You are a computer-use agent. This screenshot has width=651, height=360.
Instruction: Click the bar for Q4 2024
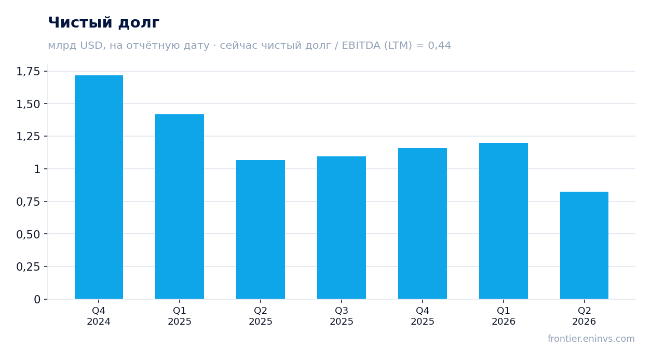(x=99, y=187)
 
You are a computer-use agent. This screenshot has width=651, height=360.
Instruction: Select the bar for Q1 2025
(x=180, y=206)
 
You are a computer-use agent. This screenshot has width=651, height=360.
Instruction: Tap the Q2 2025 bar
(x=261, y=230)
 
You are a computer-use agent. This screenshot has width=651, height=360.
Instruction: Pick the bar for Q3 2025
(x=342, y=228)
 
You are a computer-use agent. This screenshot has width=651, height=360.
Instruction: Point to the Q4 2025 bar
(x=423, y=223)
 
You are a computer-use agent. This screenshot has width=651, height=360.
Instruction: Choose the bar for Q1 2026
(x=504, y=221)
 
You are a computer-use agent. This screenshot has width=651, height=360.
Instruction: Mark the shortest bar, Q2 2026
(x=584, y=245)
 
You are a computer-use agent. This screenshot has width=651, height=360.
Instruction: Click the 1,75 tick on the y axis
(x=28, y=71)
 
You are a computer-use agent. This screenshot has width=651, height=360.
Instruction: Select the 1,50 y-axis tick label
(x=28, y=104)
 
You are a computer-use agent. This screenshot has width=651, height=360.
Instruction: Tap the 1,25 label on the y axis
(x=28, y=137)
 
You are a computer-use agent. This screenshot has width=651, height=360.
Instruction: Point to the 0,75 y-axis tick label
(x=28, y=202)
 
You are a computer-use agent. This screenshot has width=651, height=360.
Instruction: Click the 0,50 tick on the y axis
(x=28, y=234)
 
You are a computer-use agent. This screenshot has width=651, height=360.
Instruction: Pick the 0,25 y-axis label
(x=28, y=266)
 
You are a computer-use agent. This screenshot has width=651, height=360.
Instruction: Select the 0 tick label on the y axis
(x=37, y=299)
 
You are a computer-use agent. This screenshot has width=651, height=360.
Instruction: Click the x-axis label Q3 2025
(x=342, y=316)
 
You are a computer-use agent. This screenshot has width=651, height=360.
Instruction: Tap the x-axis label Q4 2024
(x=99, y=316)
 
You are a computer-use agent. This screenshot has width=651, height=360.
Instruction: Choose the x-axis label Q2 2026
(x=584, y=316)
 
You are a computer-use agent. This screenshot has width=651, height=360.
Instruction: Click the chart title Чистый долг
(x=104, y=23)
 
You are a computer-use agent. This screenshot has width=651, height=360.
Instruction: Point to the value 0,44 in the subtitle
(x=439, y=45)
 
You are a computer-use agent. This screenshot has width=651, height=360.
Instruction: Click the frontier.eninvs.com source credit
(x=591, y=339)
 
